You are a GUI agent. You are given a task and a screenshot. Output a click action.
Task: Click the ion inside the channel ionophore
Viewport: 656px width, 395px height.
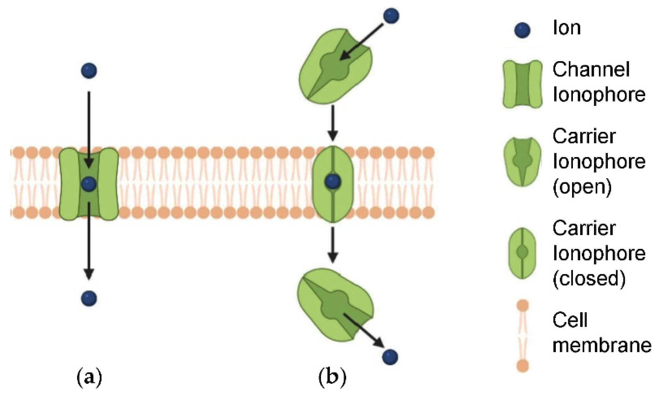tap(89, 184)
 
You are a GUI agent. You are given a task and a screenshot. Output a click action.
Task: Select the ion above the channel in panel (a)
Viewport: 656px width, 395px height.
tap(89, 71)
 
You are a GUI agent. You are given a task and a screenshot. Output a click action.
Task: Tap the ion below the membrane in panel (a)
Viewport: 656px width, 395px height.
tap(89, 298)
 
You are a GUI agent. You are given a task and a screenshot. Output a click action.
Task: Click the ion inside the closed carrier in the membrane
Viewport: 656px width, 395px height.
tap(333, 182)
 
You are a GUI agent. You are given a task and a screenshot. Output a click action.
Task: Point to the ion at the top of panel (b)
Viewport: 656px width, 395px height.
tap(391, 16)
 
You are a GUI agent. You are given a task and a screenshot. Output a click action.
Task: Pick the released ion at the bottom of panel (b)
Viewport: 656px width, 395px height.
tap(390, 357)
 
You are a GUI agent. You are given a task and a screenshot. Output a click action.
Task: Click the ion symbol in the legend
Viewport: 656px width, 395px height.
tap(522, 30)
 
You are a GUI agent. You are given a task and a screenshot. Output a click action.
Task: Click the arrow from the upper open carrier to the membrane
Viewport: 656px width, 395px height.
tap(332, 123)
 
